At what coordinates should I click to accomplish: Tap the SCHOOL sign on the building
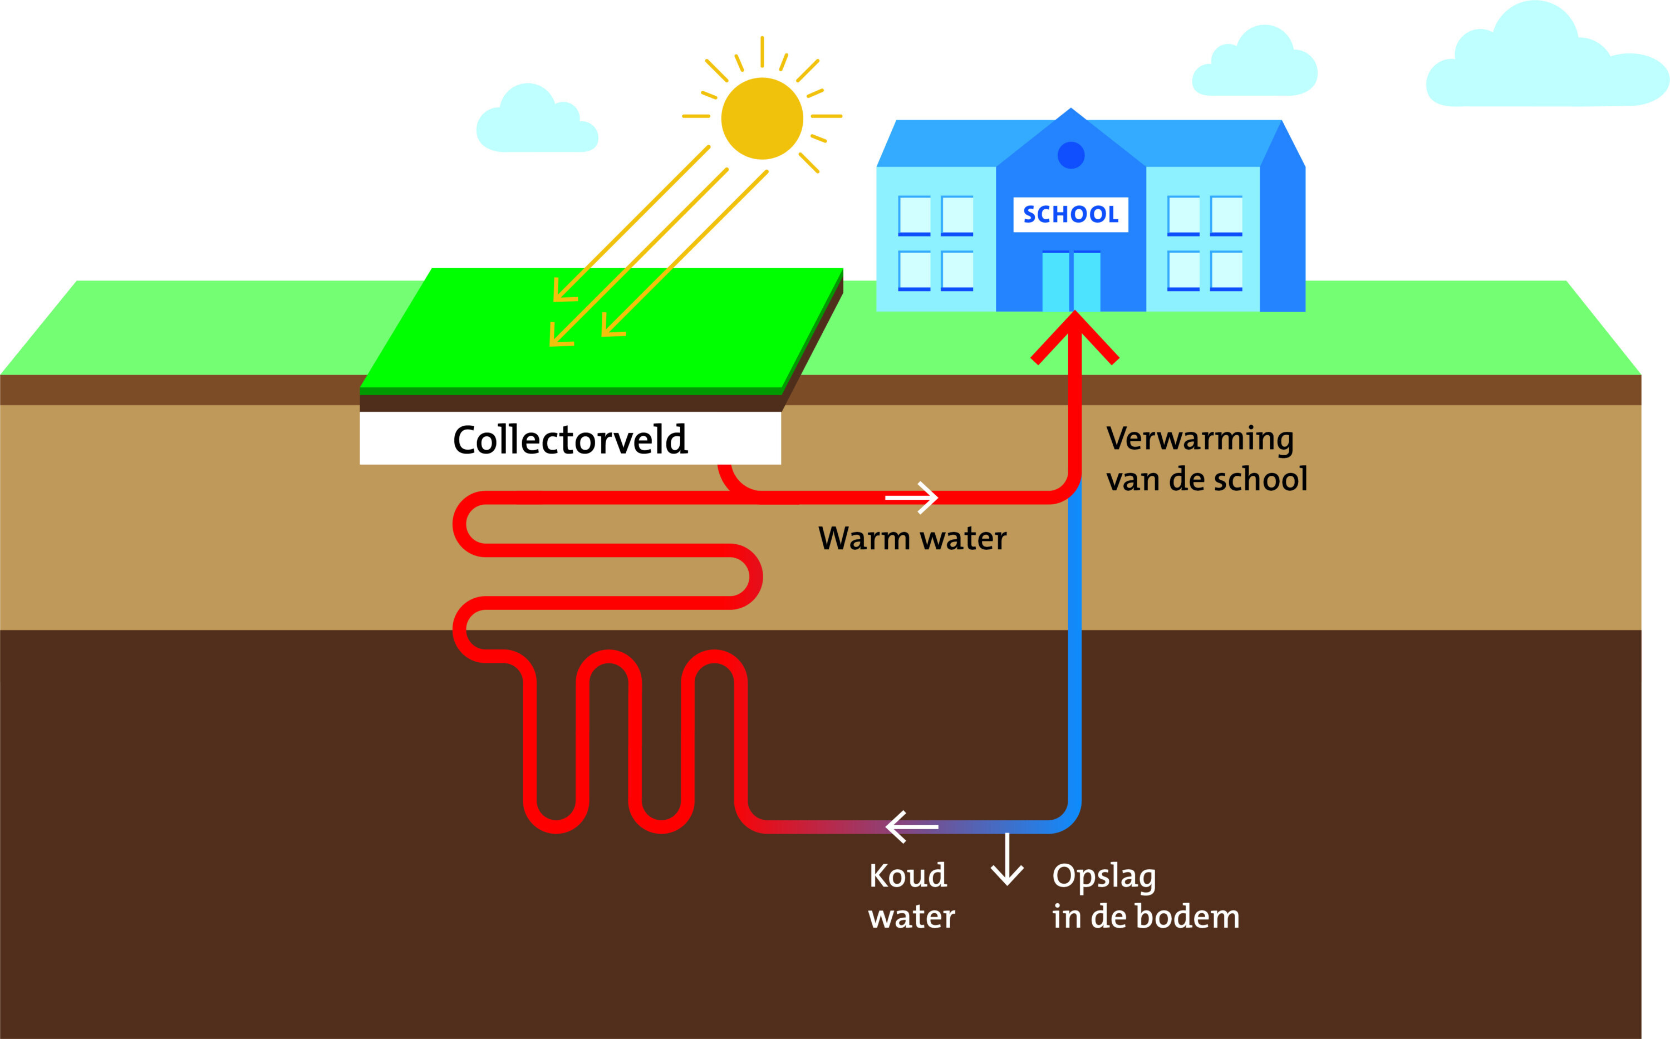[1070, 214]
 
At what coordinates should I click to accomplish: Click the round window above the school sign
[1070, 155]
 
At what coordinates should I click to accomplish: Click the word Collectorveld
[569, 440]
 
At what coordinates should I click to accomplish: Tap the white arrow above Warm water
[912, 497]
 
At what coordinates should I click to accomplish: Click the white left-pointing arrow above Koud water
[911, 826]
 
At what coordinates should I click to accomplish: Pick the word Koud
[907, 876]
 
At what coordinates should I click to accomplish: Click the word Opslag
[1104, 878]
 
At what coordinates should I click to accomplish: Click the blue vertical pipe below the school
[1075, 653]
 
